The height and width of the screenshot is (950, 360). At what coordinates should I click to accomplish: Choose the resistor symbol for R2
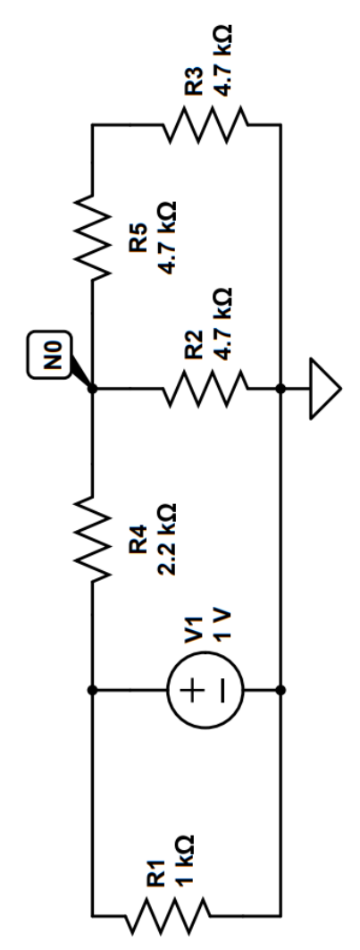click(x=203, y=389)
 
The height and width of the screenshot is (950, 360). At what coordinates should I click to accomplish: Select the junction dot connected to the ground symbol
click(x=282, y=389)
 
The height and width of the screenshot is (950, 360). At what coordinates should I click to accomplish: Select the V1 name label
click(x=195, y=631)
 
